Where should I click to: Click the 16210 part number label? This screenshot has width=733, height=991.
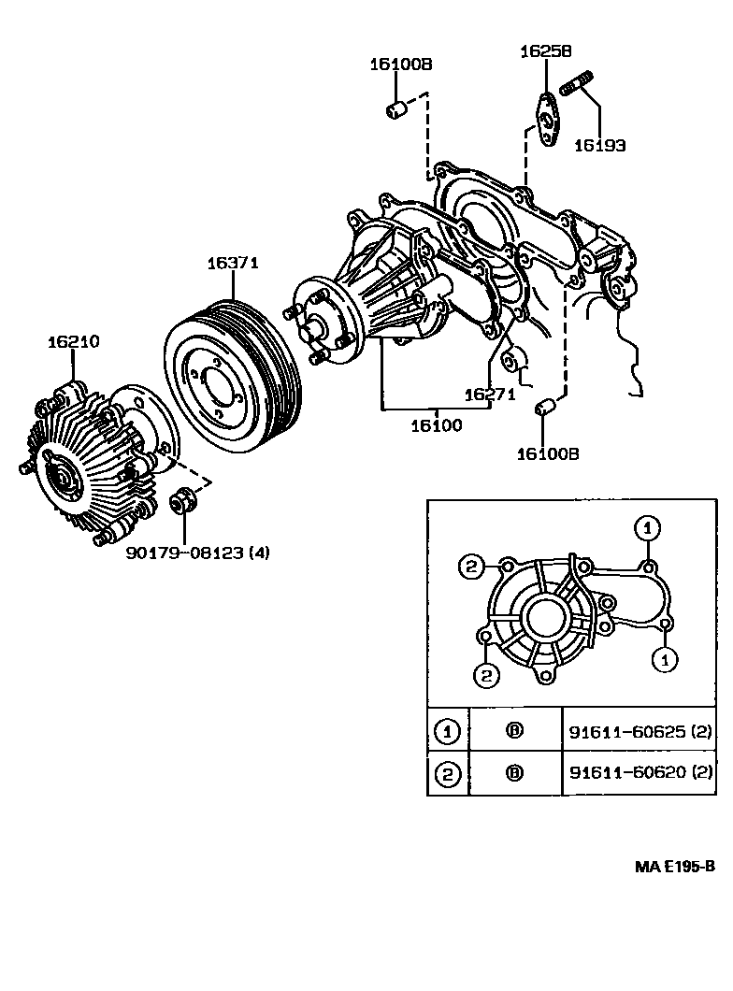click(x=73, y=342)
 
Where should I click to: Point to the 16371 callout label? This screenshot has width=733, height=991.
click(x=232, y=265)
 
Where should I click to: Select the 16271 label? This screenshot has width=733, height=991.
click(x=489, y=395)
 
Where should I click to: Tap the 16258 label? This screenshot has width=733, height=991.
click(x=546, y=52)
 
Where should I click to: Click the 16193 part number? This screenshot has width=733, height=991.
click(x=599, y=145)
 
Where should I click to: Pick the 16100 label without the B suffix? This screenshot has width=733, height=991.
click(x=436, y=425)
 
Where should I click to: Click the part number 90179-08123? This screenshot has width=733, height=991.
click(x=185, y=553)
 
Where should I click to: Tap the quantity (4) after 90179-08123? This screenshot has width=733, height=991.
click(x=258, y=553)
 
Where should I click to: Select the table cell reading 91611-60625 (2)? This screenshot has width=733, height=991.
click(x=640, y=731)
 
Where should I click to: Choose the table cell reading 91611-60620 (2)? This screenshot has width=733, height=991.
click(x=640, y=772)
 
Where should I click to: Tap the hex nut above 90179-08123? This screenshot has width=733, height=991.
click(x=181, y=500)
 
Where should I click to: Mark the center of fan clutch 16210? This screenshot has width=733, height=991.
click(x=65, y=479)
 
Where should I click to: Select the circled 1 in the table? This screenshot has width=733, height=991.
click(x=448, y=731)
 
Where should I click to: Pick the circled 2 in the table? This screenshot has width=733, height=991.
click(x=448, y=772)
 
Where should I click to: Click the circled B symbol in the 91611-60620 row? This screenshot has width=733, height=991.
click(x=513, y=772)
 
